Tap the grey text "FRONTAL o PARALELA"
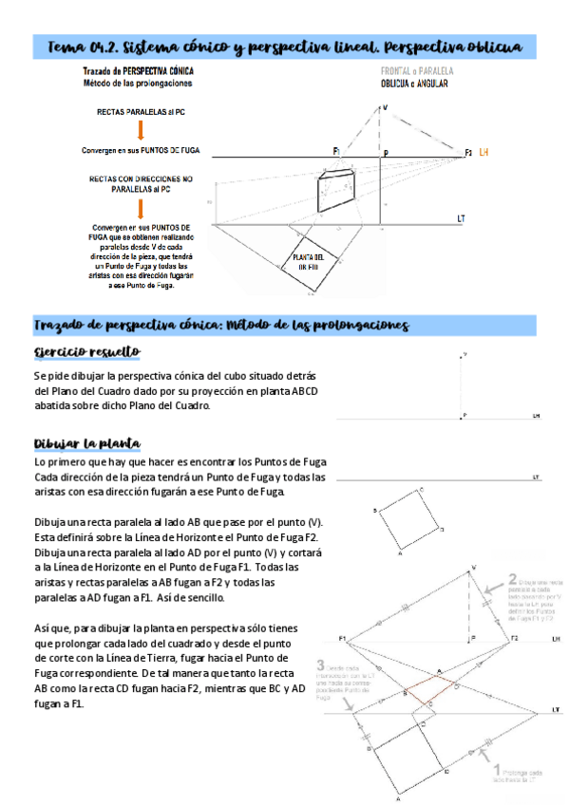click(x=417, y=71)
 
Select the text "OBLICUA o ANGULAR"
click(x=414, y=84)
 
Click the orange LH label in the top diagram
click(x=484, y=152)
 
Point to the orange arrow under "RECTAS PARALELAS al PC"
click(x=141, y=130)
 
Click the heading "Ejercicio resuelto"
click(x=86, y=352)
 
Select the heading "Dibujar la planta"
click(x=87, y=443)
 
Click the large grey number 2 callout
click(x=513, y=578)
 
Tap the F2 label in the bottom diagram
click(x=514, y=638)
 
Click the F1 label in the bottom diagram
click(x=341, y=638)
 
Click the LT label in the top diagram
click(x=461, y=218)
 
